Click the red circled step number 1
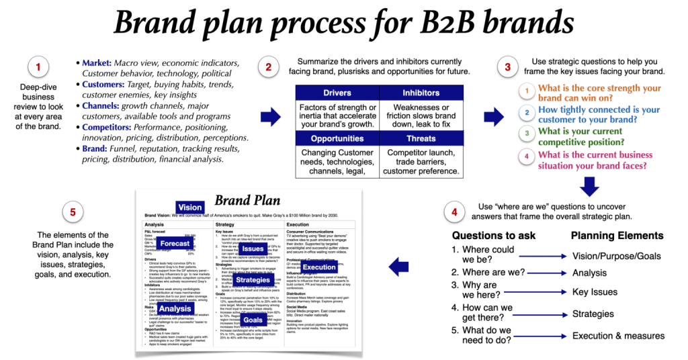click(38, 67)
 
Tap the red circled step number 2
click(269, 67)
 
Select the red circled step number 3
click(506, 67)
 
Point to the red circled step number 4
click(455, 213)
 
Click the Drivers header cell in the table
click(337, 93)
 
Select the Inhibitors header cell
click(421, 93)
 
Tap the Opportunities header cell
click(337, 138)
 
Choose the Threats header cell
click(421, 138)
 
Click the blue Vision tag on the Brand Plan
click(190, 208)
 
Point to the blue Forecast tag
click(175, 243)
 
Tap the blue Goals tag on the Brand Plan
click(253, 320)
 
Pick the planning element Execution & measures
click(618, 336)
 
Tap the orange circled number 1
click(528, 90)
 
